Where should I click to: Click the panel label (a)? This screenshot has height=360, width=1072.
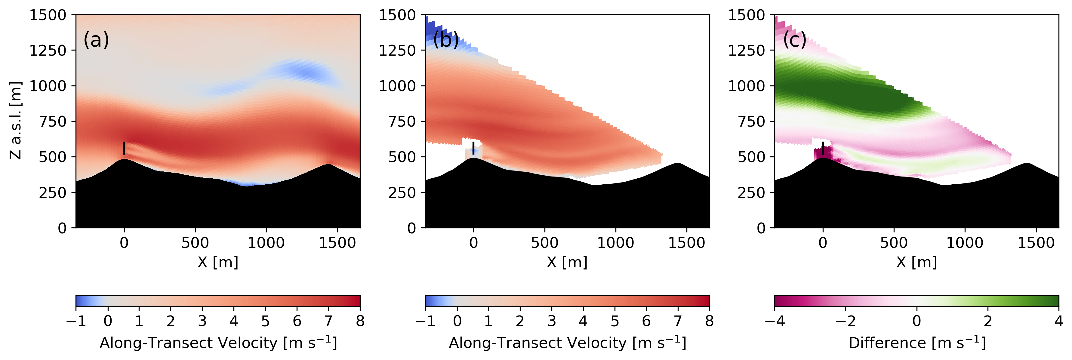click(x=96, y=40)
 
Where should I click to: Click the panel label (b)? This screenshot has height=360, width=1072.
click(x=446, y=40)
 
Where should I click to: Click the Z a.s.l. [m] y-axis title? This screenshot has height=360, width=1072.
click(x=15, y=120)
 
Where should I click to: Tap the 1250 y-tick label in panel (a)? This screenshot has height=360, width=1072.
click(x=48, y=50)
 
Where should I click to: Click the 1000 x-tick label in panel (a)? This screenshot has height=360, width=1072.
click(x=266, y=243)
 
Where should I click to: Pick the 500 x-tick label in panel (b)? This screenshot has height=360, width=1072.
click(x=544, y=243)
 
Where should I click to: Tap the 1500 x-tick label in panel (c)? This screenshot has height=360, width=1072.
click(x=1036, y=243)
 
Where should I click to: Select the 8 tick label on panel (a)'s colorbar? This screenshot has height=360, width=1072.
click(x=360, y=321)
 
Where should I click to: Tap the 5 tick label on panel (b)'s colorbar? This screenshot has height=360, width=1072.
click(x=615, y=321)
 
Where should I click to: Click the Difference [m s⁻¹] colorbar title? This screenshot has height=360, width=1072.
click(x=917, y=343)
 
